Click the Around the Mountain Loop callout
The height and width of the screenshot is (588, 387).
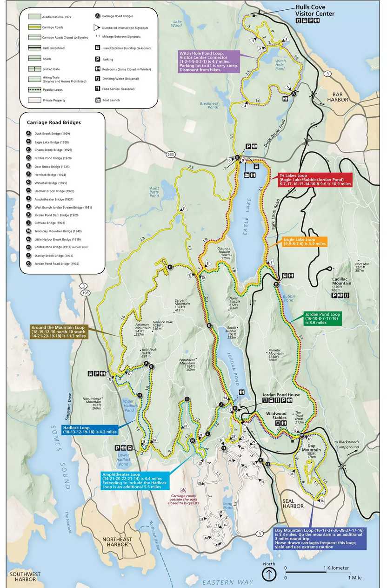(x=59, y=331)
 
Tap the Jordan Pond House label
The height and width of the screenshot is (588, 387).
(x=281, y=394)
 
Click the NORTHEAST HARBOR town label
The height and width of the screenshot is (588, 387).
(x=116, y=542)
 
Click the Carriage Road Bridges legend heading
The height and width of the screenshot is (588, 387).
(x=51, y=123)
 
